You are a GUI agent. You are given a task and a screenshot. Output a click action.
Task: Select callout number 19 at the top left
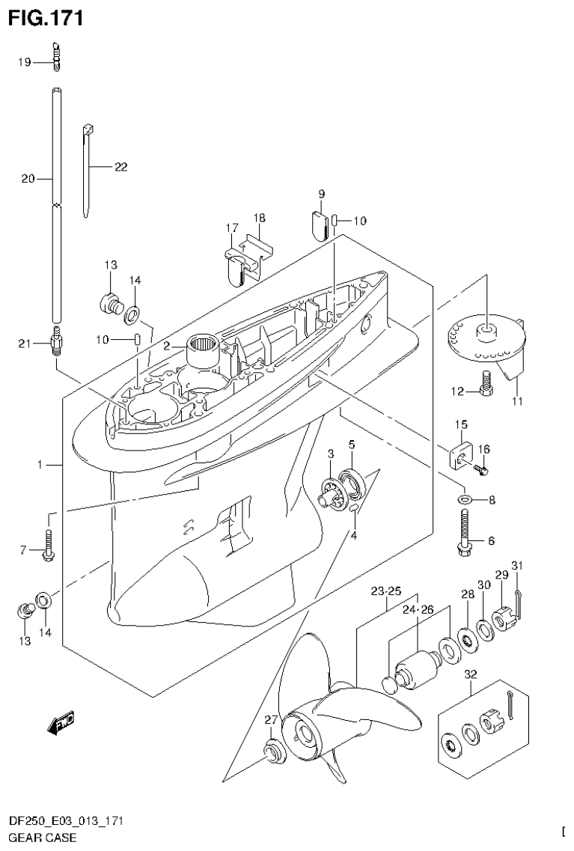(25, 63)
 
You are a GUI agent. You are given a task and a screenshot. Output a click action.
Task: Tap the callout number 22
(120, 167)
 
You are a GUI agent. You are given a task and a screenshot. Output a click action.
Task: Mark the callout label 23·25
(386, 591)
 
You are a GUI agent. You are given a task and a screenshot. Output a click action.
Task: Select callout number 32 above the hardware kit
(470, 674)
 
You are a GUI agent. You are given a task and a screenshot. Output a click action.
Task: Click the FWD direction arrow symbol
(61, 723)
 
